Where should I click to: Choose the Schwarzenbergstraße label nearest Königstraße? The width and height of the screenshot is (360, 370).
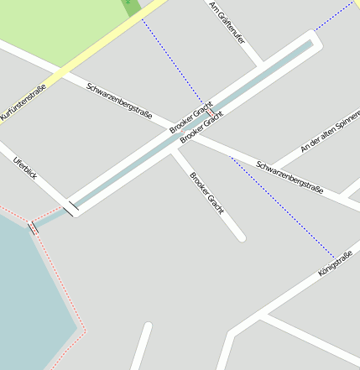pos(290,176)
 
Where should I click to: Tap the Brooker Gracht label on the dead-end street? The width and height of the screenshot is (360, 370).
pos(206,194)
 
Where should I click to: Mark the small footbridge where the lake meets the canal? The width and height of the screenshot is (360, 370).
pos(34,227)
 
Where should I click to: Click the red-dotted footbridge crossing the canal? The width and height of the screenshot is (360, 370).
pos(209,112)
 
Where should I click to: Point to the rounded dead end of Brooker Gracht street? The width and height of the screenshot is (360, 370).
pos(241,237)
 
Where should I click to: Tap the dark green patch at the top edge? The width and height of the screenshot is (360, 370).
pos(132,6)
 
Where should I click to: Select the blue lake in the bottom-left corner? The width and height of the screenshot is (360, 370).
pos(25,294)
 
